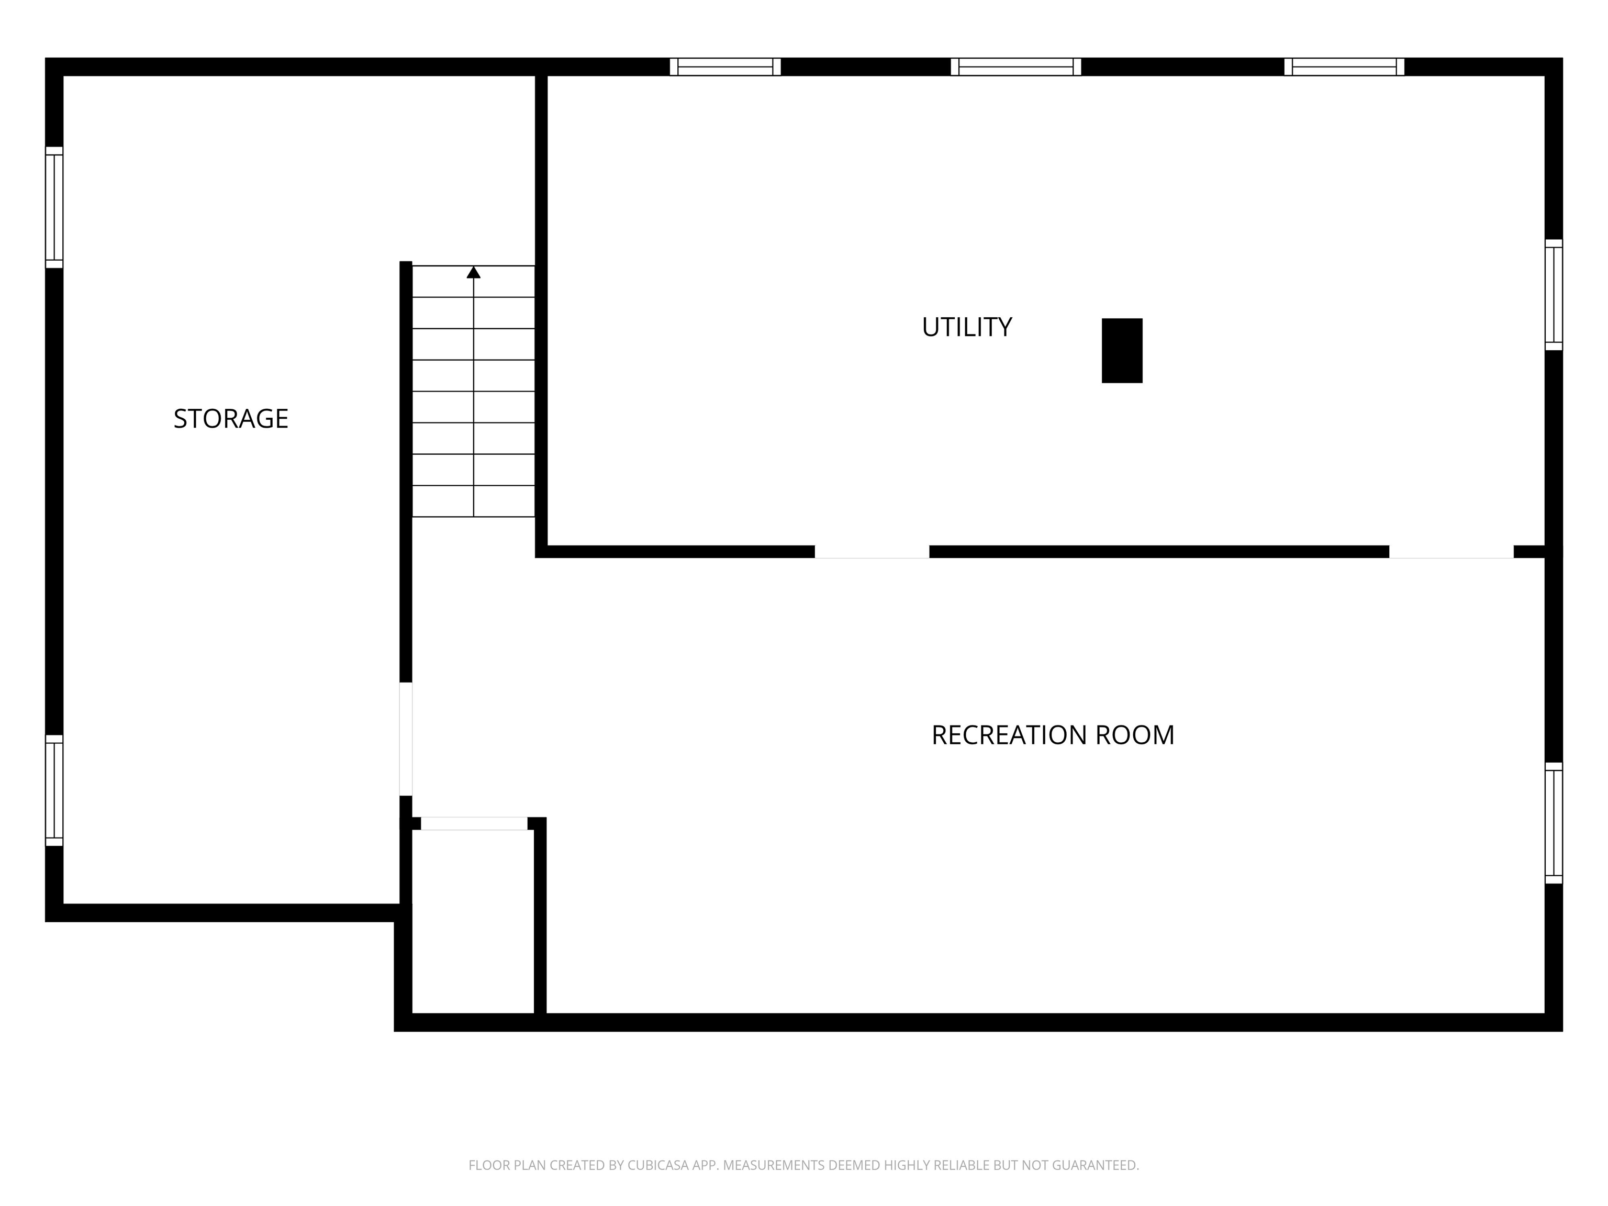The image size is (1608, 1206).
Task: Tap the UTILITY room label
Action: [967, 327]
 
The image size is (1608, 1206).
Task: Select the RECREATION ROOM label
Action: [1053, 735]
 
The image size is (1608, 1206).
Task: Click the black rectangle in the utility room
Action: [1122, 350]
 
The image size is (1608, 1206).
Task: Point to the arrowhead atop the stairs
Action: [473, 272]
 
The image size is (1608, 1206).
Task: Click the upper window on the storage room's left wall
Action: [54, 207]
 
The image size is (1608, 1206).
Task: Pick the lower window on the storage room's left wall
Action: [54, 790]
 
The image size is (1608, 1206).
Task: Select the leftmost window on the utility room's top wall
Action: [725, 67]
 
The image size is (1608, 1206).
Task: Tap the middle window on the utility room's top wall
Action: [1015, 67]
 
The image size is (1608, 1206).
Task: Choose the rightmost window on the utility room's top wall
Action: [1344, 67]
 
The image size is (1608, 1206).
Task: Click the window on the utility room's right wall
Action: [1554, 294]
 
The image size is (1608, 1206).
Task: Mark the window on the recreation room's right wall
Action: [1554, 823]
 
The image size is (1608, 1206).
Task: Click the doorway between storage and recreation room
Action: [406, 739]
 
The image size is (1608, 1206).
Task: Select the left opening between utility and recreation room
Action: [872, 552]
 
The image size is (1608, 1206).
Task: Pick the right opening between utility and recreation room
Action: [1451, 552]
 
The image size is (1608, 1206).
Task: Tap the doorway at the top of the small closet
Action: [474, 823]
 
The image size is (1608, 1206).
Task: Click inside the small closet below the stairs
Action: [473, 921]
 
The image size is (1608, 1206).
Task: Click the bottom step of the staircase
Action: [473, 501]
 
